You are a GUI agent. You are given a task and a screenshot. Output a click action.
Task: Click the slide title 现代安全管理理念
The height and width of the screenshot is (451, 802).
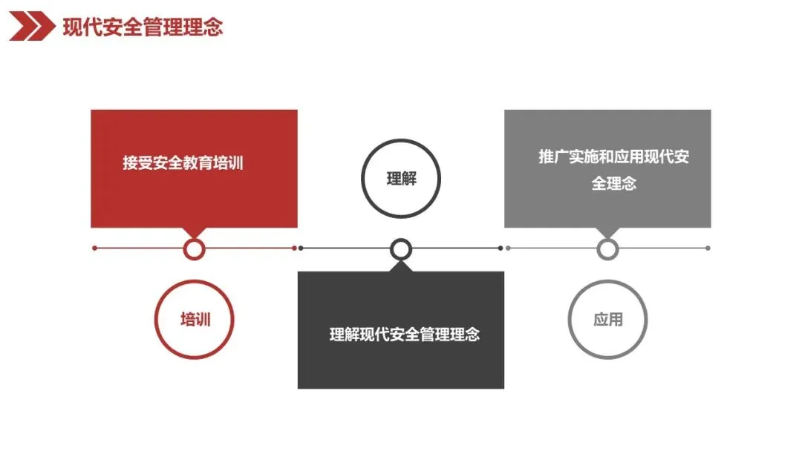(143, 27)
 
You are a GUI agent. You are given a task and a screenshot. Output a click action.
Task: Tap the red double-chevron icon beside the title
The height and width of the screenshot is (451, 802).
(32, 27)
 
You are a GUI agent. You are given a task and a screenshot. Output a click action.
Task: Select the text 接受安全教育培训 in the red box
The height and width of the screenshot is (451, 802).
(183, 163)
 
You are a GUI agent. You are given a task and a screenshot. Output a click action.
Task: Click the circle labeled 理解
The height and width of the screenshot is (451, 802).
(401, 179)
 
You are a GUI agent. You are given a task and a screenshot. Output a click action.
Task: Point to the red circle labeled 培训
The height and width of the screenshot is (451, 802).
(195, 320)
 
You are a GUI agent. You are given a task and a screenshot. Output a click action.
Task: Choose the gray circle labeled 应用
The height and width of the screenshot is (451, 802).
(607, 320)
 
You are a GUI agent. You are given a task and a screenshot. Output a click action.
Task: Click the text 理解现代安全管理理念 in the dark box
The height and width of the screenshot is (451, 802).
(405, 334)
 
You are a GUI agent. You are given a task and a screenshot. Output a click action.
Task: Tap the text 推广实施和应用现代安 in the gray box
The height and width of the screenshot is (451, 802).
(614, 157)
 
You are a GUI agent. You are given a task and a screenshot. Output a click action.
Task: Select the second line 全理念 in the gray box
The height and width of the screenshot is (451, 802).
(614, 183)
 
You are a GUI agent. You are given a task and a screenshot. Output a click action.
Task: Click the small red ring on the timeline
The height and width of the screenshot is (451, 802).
(194, 248)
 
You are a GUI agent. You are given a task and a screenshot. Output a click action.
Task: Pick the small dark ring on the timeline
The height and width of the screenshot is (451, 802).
(401, 248)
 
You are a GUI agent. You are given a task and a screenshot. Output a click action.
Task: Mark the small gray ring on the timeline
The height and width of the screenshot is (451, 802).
(607, 248)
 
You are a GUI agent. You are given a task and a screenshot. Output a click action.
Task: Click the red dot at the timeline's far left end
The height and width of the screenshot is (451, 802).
(95, 248)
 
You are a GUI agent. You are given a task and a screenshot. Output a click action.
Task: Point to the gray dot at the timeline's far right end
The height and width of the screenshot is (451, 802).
(708, 248)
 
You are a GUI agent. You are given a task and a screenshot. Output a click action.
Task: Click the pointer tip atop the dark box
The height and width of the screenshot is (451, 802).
(401, 265)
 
